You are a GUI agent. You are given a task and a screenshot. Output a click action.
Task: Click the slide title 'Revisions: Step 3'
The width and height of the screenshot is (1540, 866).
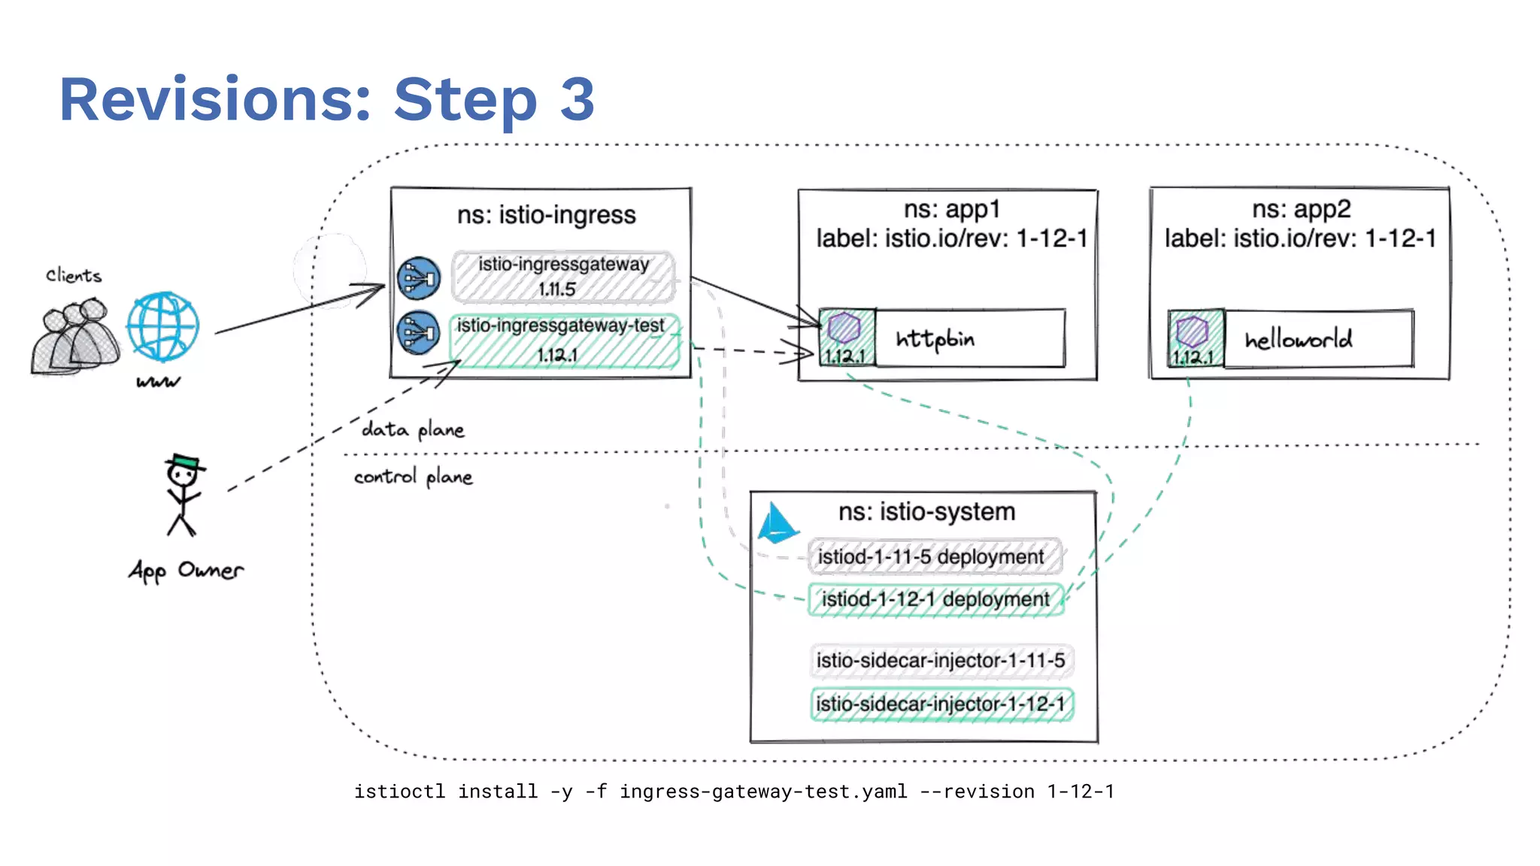point(327,99)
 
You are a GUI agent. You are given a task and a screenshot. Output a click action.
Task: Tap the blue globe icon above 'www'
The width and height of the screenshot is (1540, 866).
point(163,327)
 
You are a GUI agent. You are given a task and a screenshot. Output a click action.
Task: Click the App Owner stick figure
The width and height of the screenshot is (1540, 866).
point(183,495)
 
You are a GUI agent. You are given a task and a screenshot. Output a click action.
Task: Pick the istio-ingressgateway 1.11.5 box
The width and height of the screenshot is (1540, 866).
point(562,277)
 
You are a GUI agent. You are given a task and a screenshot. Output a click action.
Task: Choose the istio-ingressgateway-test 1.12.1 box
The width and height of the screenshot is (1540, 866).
point(564,341)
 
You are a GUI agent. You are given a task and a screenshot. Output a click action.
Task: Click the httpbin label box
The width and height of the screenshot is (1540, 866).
point(970,338)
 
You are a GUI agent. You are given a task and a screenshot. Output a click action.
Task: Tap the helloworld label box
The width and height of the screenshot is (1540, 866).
point(1318,339)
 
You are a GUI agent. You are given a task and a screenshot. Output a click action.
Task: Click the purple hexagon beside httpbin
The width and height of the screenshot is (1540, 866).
point(844,329)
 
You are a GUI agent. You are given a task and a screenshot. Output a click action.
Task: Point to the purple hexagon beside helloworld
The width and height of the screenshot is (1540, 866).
point(1192,331)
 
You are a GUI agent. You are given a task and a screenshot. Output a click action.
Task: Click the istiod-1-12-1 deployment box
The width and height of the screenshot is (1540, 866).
point(935,599)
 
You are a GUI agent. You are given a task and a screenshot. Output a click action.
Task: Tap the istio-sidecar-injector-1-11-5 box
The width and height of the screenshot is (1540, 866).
point(941,661)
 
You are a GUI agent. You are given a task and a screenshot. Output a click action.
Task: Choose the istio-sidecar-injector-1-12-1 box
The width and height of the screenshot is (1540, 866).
point(941,704)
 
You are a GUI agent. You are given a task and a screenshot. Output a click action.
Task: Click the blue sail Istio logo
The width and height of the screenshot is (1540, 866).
point(776,523)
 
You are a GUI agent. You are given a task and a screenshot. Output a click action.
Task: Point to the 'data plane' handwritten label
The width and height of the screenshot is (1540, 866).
point(413,430)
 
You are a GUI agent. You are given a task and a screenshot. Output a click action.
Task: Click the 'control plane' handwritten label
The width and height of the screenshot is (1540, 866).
point(413,477)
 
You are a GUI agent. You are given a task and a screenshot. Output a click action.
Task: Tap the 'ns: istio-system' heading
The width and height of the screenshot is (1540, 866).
point(926,512)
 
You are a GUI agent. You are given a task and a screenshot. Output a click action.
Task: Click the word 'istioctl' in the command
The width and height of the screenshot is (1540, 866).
point(399,792)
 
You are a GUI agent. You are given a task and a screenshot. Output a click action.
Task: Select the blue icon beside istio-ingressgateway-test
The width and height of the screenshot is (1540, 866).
point(419,332)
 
